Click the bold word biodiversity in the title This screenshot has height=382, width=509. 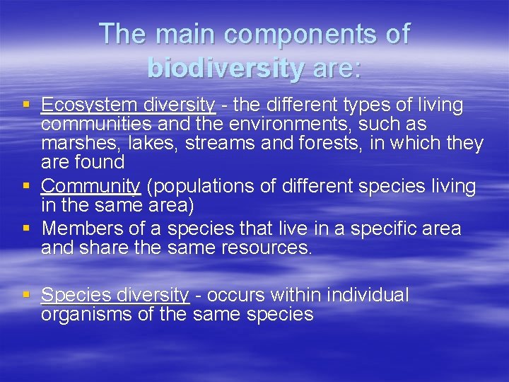pos(226,68)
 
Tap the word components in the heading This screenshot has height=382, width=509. pos(281,34)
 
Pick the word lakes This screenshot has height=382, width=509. pos(148,144)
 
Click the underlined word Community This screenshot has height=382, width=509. pos(91,186)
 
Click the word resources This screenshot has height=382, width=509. pos(269,248)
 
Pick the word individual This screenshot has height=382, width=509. pos(366,295)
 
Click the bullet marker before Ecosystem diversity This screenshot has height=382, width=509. pos(27,105)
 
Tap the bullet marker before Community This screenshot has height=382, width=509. pos(27,185)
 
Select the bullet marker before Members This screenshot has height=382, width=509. pos(27,228)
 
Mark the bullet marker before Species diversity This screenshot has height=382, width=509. pos(27,294)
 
